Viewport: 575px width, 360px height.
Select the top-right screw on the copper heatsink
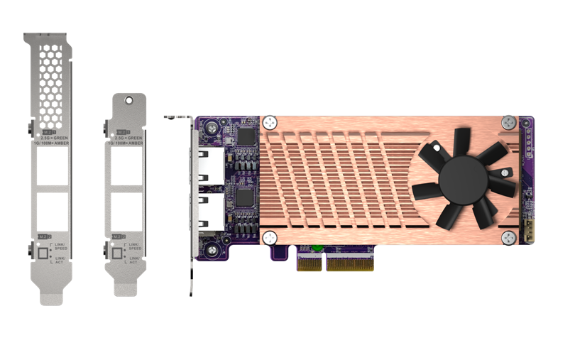pos(508,123)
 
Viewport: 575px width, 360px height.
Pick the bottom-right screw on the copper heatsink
pos(508,238)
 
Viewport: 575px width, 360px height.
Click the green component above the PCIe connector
pos(317,248)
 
